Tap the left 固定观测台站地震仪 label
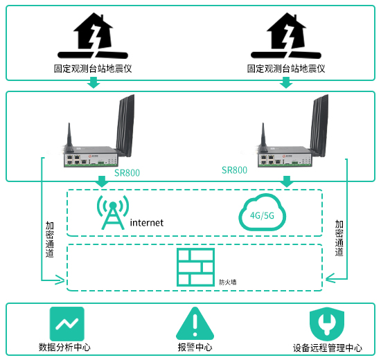(x=93, y=69)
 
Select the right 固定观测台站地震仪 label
(x=286, y=69)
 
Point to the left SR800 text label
(x=127, y=173)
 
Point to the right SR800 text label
(x=234, y=170)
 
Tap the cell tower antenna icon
(x=113, y=213)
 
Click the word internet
(x=147, y=223)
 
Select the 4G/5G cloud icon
(x=262, y=212)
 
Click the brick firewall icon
(x=195, y=267)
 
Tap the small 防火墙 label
(x=228, y=282)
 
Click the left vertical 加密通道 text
(x=50, y=240)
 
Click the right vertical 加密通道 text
(x=339, y=238)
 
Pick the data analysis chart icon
(x=67, y=324)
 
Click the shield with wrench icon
(x=327, y=324)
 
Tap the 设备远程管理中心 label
(x=327, y=348)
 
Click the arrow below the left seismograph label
(x=94, y=82)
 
